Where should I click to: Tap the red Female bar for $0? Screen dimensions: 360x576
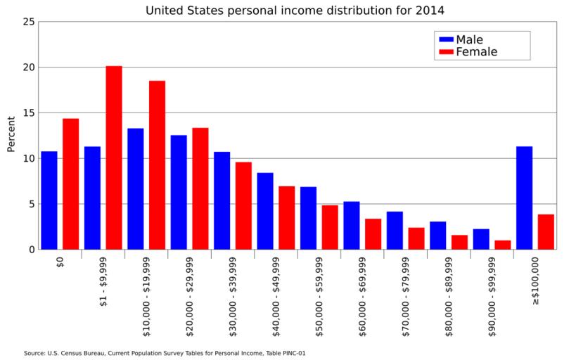click(x=70, y=184)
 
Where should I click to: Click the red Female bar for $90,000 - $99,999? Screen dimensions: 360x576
click(x=502, y=245)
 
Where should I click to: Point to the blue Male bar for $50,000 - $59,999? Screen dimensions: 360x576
click(x=308, y=218)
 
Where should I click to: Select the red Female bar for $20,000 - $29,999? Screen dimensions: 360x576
click(x=200, y=188)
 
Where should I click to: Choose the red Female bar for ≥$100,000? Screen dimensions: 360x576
click(x=546, y=232)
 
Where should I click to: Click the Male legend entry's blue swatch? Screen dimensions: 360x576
click(x=446, y=39)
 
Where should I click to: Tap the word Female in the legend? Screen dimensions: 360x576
click(x=476, y=52)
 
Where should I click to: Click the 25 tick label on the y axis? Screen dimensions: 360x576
click(x=29, y=22)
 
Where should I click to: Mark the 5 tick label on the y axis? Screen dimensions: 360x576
click(x=32, y=204)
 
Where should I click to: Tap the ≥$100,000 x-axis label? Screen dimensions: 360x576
click(x=535, y=281)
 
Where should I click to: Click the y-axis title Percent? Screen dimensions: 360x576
click(x=11, y=134)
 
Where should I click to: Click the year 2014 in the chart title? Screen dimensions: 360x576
click(x=430, y=11)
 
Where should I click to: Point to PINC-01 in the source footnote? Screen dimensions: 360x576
click(x=293, y=353)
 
